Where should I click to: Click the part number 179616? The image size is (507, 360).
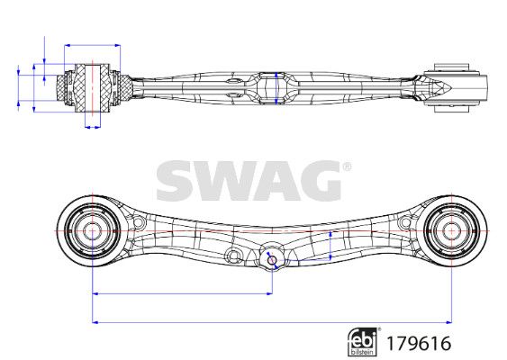coord(419,343)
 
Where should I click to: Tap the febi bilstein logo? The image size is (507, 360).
coord(363,343)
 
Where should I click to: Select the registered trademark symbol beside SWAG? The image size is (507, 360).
coord(347,166)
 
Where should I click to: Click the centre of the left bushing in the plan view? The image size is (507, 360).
coord(92,231)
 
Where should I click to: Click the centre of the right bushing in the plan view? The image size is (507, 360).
coord(451,231)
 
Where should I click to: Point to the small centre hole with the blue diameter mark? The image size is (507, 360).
coord(272,260)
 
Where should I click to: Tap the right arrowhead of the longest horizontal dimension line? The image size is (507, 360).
coord(448,322)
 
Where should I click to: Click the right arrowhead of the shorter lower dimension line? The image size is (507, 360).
coord(269,293)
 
